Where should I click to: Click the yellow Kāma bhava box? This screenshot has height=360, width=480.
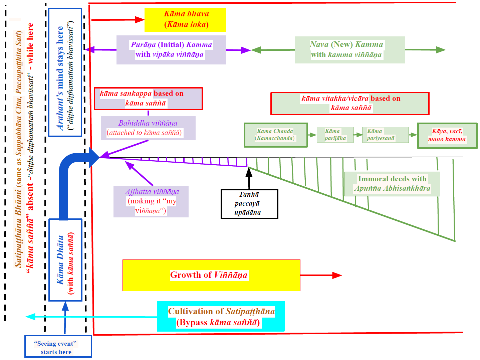185,19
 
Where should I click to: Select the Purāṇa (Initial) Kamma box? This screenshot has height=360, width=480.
171,50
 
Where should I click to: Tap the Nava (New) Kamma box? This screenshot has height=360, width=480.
349,50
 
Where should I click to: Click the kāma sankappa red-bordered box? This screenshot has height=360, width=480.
148,99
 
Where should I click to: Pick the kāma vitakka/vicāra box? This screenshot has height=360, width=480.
350,104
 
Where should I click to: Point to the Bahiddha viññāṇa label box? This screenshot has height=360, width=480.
148,128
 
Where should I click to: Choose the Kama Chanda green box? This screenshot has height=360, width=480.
276,135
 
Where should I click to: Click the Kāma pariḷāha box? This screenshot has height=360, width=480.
335,135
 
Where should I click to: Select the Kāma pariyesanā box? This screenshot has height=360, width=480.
386,135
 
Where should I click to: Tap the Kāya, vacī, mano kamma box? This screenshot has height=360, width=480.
447,135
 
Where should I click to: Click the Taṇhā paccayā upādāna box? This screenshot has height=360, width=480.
249,204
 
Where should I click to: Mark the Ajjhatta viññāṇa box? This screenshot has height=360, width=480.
151,201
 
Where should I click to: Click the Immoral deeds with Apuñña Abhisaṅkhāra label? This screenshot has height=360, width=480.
392,184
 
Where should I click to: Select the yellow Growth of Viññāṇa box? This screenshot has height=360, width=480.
211,275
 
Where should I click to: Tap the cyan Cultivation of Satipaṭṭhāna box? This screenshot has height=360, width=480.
221,316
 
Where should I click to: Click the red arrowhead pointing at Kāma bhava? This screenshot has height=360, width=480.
140,20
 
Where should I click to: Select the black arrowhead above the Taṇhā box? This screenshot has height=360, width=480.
249,172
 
